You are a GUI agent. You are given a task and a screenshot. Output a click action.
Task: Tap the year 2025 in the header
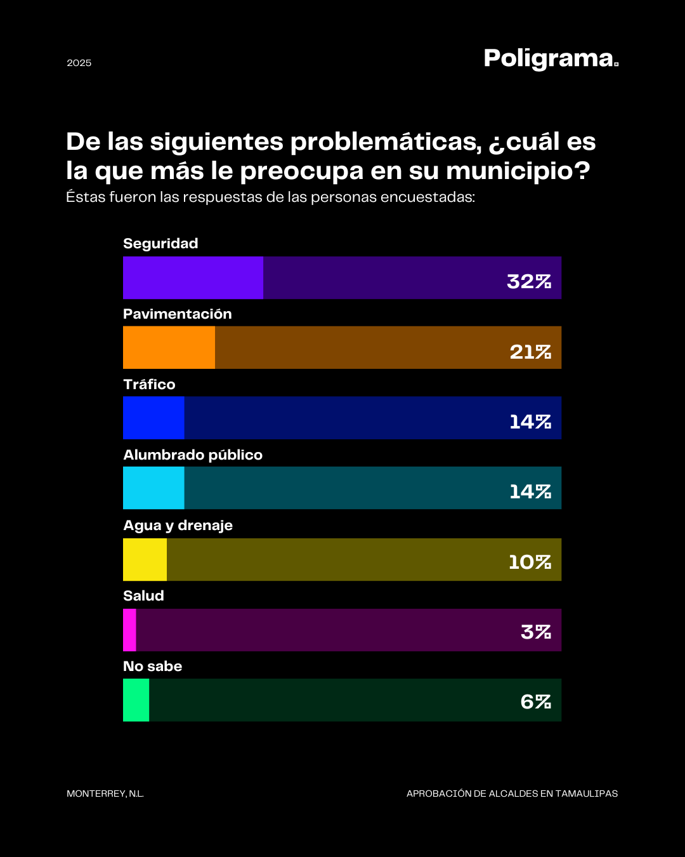pyautogui.click(x=79, y=63)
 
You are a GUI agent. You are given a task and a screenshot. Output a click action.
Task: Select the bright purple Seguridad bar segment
pyautogui.click(x=193, y=277)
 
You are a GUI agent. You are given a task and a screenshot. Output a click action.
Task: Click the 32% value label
pyautogui.click(x=529, y=281)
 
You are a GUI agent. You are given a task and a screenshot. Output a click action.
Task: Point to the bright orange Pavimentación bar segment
pyautogui.click(x=169, y=347)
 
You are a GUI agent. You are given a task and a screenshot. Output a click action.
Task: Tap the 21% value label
pyautogui.click(x=530, y=352)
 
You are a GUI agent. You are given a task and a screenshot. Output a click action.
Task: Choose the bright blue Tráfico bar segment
pyautogui.click(x=153, y=418)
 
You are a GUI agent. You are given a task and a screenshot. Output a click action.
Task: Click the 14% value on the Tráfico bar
pyautogui.click(x=530, y=422)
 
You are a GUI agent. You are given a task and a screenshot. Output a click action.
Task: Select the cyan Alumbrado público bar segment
pyautogui.click(x=153, y=488)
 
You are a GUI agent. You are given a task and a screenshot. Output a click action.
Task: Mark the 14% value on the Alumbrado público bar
pyautogui.click(x=530, y=491)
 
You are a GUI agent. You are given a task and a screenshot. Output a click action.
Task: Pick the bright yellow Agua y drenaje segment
pyautogui.click(x=145, y=559)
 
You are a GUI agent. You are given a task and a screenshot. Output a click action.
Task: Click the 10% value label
pyautogui.click(x=530, y=562)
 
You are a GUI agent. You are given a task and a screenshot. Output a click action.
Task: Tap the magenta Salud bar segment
pyautogui.click(x=129, y=630)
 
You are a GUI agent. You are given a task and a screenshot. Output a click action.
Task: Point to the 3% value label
pyautogui.click(x=535, y=632)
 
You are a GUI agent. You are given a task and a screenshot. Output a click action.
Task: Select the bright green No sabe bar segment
pyautogui.click(x=136, y=700)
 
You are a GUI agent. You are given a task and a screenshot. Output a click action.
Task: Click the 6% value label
pyautogui.click(x=535, y=701)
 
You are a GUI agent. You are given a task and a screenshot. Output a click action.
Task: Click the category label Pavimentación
pyautogui.click(x=178, y=314)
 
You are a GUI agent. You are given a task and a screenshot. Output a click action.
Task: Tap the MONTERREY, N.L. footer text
pyautogui.click(x=105, y=794)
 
